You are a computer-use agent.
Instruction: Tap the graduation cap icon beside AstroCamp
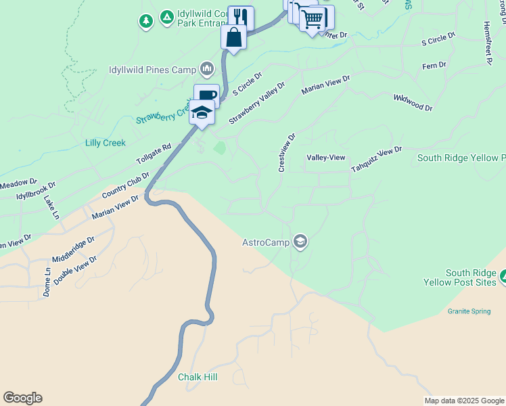(x=300, y=242)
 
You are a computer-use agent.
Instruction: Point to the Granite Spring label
(x=468, y=311)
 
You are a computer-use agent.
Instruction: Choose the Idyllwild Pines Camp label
(x=154, y=70)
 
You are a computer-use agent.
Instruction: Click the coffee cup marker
(x=206, y=95)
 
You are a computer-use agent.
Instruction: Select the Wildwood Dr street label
(x=413, y=103)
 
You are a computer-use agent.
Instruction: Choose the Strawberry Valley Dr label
(x=257, y=104)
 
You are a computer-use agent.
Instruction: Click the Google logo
(x=22, y=398)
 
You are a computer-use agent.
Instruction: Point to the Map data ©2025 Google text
(x=463, y=401)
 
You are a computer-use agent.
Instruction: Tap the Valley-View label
(x=326, y=158)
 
